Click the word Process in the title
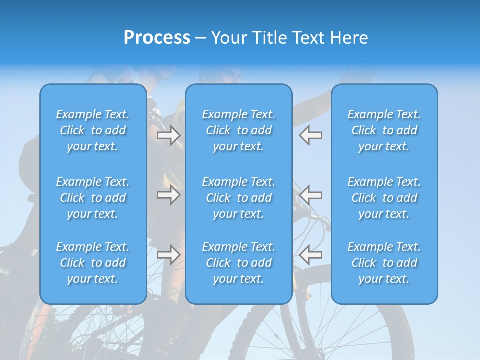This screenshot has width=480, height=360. tap(157, 38)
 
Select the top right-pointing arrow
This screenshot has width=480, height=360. tap(168, 135)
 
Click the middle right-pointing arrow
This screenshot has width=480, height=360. tap(168, 195)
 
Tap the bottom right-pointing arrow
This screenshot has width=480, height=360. tap(168, 255)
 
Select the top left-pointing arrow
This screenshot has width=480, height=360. tap(311, 135)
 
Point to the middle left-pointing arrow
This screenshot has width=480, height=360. tap(311, 195)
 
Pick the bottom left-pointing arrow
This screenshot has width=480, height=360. tap(311, 255)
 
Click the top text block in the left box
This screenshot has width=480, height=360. tap(93, 130)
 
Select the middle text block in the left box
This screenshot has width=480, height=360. tap(93, 198)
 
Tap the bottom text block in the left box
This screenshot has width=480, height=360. tap(93, 263)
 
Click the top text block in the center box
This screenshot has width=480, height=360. tap(238, 130)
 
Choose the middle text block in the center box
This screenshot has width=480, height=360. tap(238, 198)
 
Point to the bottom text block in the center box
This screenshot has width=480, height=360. tap(238, 263)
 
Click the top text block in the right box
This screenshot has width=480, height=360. tap(384, 130)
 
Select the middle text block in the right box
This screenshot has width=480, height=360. tap(384, 198)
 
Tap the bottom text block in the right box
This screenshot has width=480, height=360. tap(384, 263)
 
